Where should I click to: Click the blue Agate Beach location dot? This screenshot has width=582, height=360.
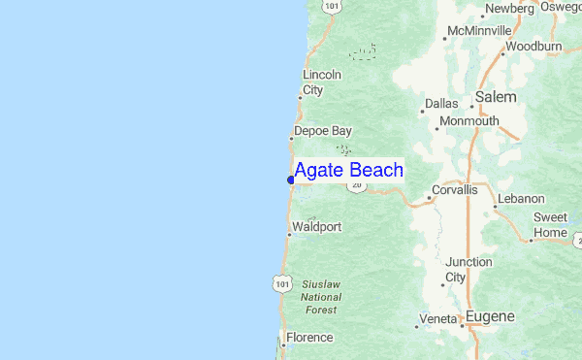[291, 180]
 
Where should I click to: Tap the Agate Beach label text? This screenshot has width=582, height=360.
[349, 171]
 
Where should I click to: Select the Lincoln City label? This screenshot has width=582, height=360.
[322, 82]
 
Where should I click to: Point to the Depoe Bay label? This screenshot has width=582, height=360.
[323, 131]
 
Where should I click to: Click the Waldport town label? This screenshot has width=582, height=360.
[317, 227]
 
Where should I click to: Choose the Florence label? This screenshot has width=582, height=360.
[310, 338]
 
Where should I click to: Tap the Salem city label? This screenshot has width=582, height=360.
[496, 97]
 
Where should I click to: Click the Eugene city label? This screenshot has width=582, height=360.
[490, 316]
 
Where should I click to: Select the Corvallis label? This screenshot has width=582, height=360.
[455, 190]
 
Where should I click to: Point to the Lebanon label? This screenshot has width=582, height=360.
[521, 199]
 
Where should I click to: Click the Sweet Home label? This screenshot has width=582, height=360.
[550, 225]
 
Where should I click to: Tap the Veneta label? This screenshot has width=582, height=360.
[436, 318]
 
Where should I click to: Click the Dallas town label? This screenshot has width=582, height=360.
[440, 103]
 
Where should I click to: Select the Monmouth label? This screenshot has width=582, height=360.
[469, 121]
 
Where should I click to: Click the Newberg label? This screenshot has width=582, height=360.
[510, 9]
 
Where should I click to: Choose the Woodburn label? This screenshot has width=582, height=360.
[533, 46]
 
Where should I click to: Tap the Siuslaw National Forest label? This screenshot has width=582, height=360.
[319, 296]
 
